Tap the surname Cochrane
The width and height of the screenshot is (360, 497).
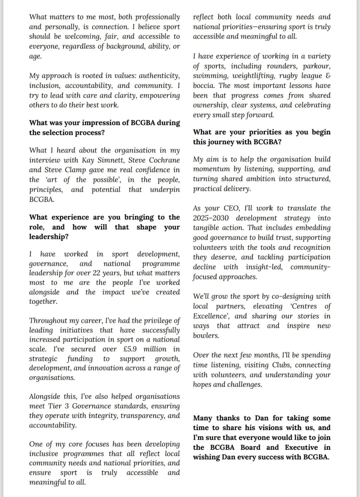[164, 160]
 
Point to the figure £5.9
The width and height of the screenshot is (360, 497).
[130, 349]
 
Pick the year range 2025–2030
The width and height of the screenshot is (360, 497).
[211, 218]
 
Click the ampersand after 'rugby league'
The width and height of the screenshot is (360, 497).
[328, 76]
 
